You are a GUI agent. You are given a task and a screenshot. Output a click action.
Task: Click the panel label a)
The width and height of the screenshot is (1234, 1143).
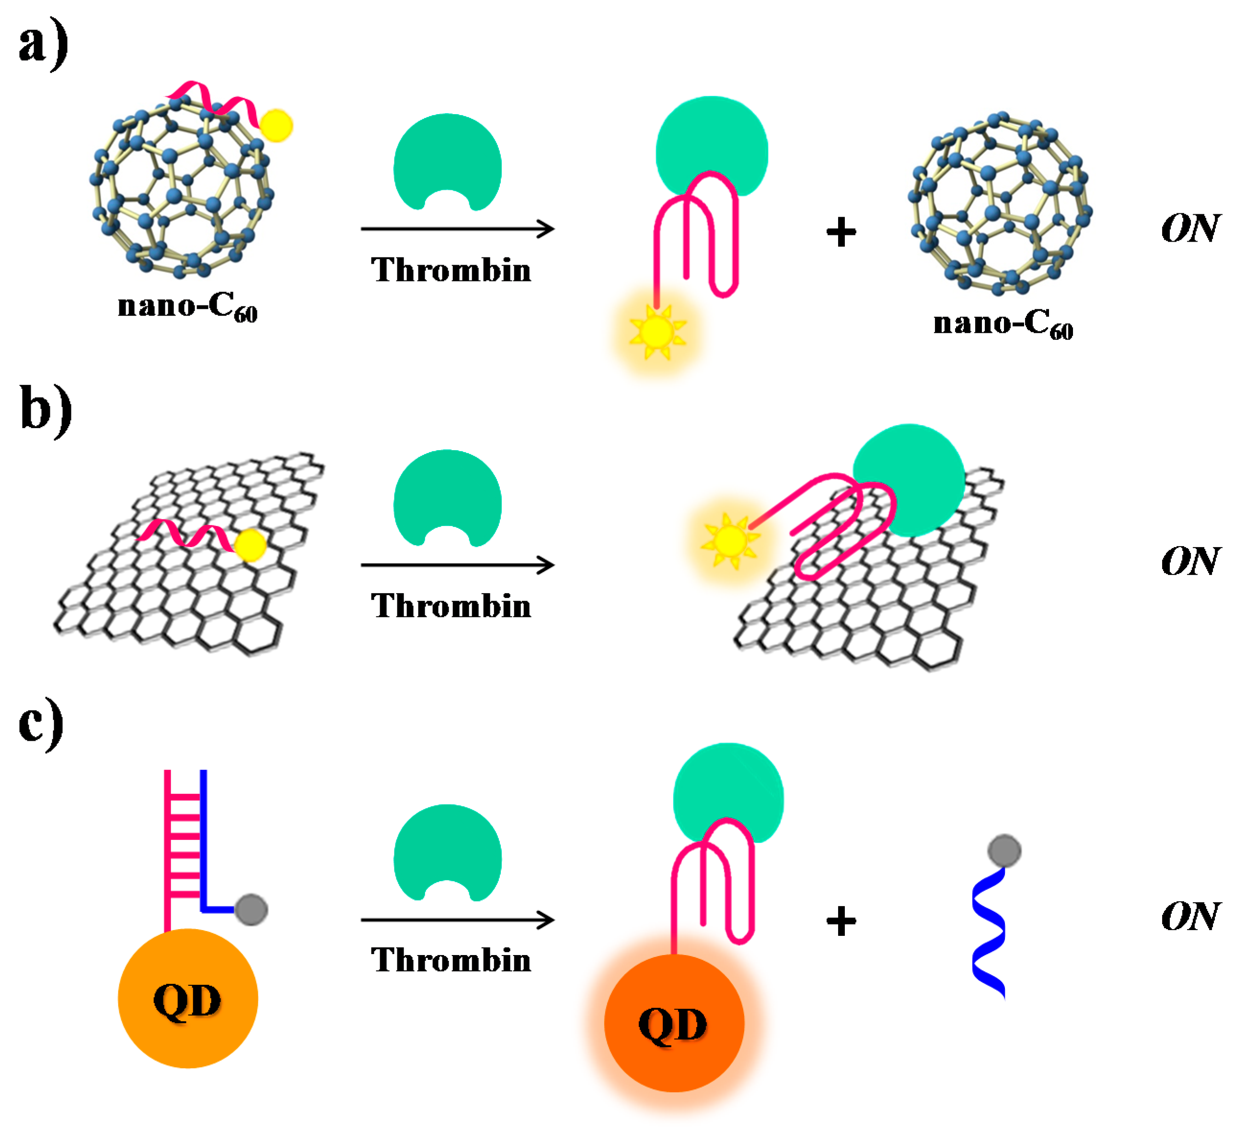[42, 45]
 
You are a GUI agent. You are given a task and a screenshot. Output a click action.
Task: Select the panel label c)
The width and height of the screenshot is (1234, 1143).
[41, 723]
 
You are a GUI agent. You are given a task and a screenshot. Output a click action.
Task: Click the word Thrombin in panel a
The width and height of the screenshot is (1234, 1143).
[450, 270]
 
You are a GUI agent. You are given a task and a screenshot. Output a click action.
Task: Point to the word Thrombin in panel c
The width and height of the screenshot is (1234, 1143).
[450, 960]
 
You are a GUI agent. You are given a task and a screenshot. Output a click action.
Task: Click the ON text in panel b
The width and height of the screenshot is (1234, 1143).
[1189, 561]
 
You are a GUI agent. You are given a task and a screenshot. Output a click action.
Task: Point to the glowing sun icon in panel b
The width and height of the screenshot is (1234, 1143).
[729, 540]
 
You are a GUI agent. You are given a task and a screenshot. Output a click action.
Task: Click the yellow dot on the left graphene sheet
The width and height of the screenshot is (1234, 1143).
[250, 545]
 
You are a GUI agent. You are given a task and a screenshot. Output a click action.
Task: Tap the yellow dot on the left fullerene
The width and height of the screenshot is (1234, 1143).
[276, 126]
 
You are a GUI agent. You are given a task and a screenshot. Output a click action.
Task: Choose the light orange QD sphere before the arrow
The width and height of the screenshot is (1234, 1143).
[188, 998]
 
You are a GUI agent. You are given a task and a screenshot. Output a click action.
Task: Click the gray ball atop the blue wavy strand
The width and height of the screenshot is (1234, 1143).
[1004, 851]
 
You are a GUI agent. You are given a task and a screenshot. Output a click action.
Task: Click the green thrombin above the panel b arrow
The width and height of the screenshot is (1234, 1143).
[447, 498]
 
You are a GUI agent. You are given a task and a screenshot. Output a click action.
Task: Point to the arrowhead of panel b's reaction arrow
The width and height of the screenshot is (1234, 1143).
[546, 565]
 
